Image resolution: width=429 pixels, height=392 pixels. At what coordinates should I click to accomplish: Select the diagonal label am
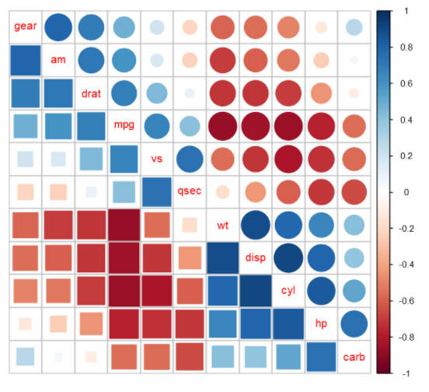pyautogui.click(x=58, y=60)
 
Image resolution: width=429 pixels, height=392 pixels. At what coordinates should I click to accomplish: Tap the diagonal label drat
pyautogui.click(x=91, y=93)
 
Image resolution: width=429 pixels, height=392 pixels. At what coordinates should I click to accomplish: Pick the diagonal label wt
pyautogui.click(x=222, y=225)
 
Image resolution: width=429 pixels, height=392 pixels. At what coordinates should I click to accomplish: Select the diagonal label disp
pyautogui.click(x=255, y=257)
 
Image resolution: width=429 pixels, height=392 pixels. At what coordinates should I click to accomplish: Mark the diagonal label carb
pyautogui.click(x=354, y=356)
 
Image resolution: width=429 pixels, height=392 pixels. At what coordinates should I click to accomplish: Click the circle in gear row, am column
pyautogui.click(x=58, y=27)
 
